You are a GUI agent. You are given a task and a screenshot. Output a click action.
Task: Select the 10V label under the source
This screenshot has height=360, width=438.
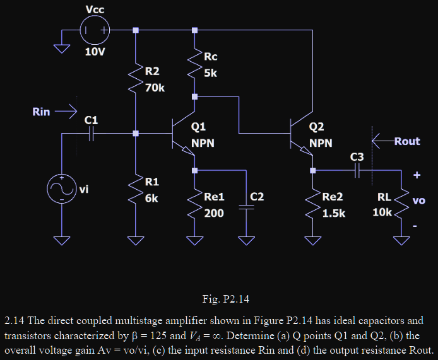pyautogui.click(x=95, y=51)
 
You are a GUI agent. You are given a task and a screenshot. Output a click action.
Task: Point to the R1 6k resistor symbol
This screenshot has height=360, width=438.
pyautogui.click(x=135, y=189)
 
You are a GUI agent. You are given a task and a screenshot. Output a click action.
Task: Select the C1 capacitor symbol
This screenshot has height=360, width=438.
pyautogui.click(x=92, y=134)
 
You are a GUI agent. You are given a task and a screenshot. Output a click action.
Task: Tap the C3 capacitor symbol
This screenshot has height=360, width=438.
pyautogui.click(x=357, y=170)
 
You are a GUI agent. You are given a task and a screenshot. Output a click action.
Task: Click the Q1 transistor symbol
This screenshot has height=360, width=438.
pyautogui.click(x=184, y=134)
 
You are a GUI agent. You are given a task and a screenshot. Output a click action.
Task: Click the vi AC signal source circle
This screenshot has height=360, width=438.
pyautogui.click(x=62, y=189)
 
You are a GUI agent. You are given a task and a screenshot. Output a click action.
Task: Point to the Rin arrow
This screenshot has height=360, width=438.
pyautogui.click(x=65, y=112)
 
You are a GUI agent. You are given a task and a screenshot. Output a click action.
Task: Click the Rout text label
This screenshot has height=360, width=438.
pyautogui.click(x=406, y=141)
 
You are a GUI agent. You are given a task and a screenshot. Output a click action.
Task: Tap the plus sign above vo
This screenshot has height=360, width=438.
pyautogui.click(x=417, y=175)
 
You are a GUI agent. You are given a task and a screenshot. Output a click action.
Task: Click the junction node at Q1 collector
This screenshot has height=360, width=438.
pyautogui.click(x=194, y=97)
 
